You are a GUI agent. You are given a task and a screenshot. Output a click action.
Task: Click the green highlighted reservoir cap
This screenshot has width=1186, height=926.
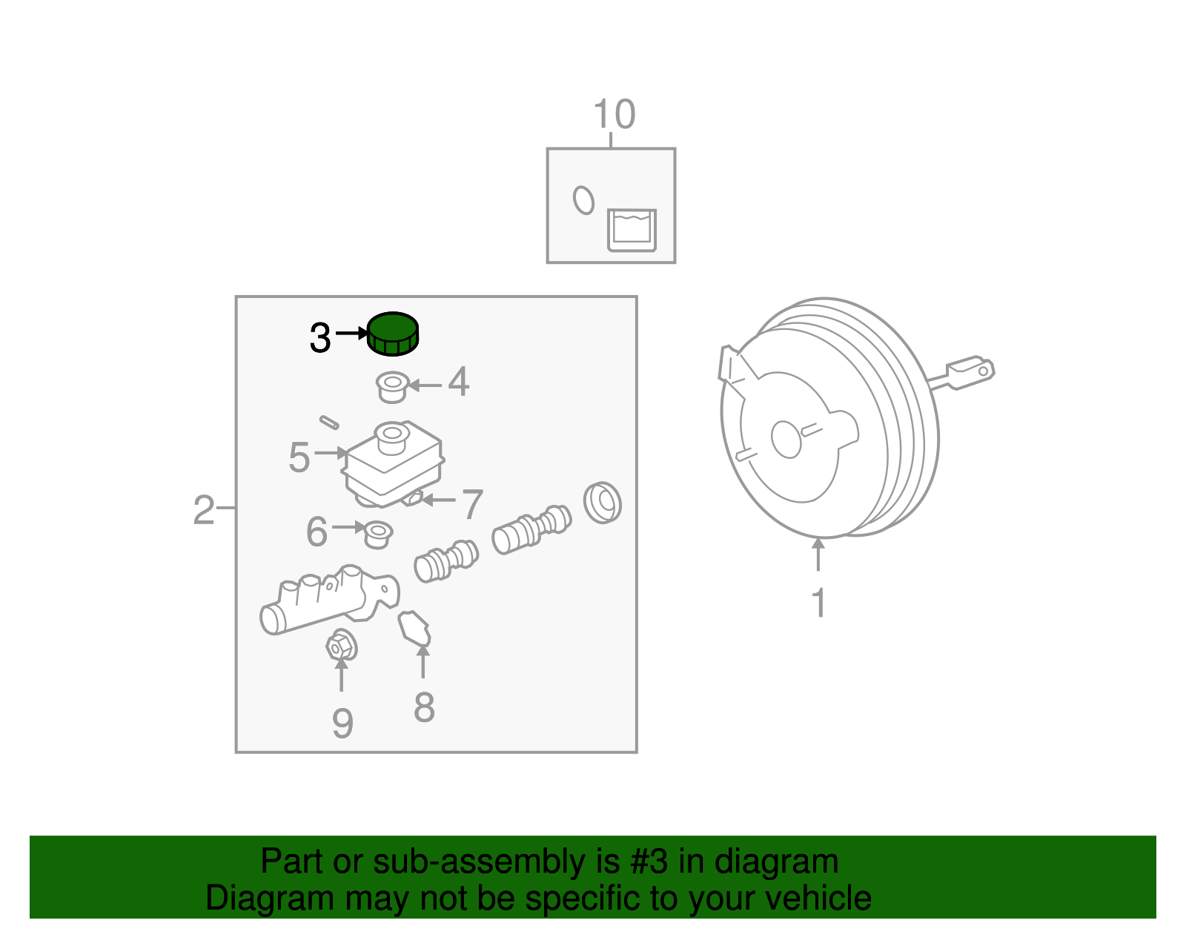[392, 334]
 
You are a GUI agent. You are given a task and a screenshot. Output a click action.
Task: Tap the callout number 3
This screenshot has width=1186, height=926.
[320, 338]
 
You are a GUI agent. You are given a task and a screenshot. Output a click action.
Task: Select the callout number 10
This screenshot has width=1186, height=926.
[614, 114]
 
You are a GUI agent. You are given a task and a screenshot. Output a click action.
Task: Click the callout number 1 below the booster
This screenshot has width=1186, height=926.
[818, 602]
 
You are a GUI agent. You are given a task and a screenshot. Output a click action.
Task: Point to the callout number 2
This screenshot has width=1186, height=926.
[204, 510]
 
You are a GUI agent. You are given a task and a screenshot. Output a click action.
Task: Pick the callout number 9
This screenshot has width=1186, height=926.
[342, 723]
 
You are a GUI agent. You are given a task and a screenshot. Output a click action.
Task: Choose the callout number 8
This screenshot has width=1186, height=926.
[424, 707]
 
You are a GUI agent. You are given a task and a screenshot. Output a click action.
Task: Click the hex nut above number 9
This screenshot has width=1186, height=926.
[341, 646]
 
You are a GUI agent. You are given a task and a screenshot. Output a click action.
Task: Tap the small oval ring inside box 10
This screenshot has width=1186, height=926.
[583, 200]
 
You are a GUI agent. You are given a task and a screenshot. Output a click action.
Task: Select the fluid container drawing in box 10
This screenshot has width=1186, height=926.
[632, 231]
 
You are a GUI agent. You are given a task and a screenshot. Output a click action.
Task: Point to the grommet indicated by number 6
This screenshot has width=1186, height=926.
[378, 535]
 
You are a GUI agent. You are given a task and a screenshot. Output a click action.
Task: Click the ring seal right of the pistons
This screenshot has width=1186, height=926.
[602, 503]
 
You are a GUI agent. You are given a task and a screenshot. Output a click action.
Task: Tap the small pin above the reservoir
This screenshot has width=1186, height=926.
[329, 423]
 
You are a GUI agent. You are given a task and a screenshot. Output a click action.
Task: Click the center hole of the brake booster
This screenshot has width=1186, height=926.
[786, 439]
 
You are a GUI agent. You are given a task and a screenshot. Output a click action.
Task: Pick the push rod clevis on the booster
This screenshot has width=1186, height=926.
[970, 372]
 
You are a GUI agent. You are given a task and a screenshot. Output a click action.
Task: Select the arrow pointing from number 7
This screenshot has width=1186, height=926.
[439, 499]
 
